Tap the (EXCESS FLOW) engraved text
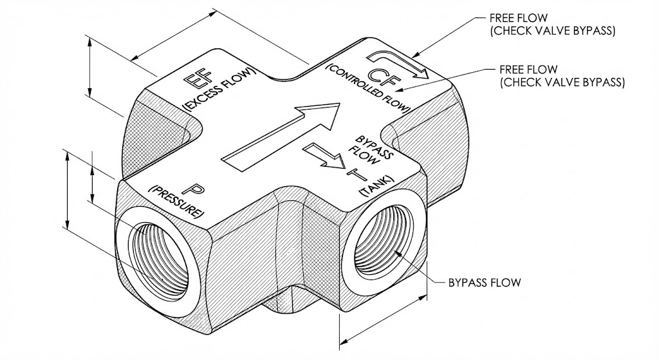click(219, 89)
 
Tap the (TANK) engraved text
click(376, 185)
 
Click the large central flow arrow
click(281, 137)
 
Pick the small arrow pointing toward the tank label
click(325, 155)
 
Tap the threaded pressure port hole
click(160, 261)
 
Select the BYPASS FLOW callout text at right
click(485, 282)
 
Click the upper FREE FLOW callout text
click(552, 24)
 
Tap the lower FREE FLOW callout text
click(562, 76)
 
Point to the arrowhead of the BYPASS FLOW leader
click(398, 252)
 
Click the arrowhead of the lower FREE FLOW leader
click(402, 89)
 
